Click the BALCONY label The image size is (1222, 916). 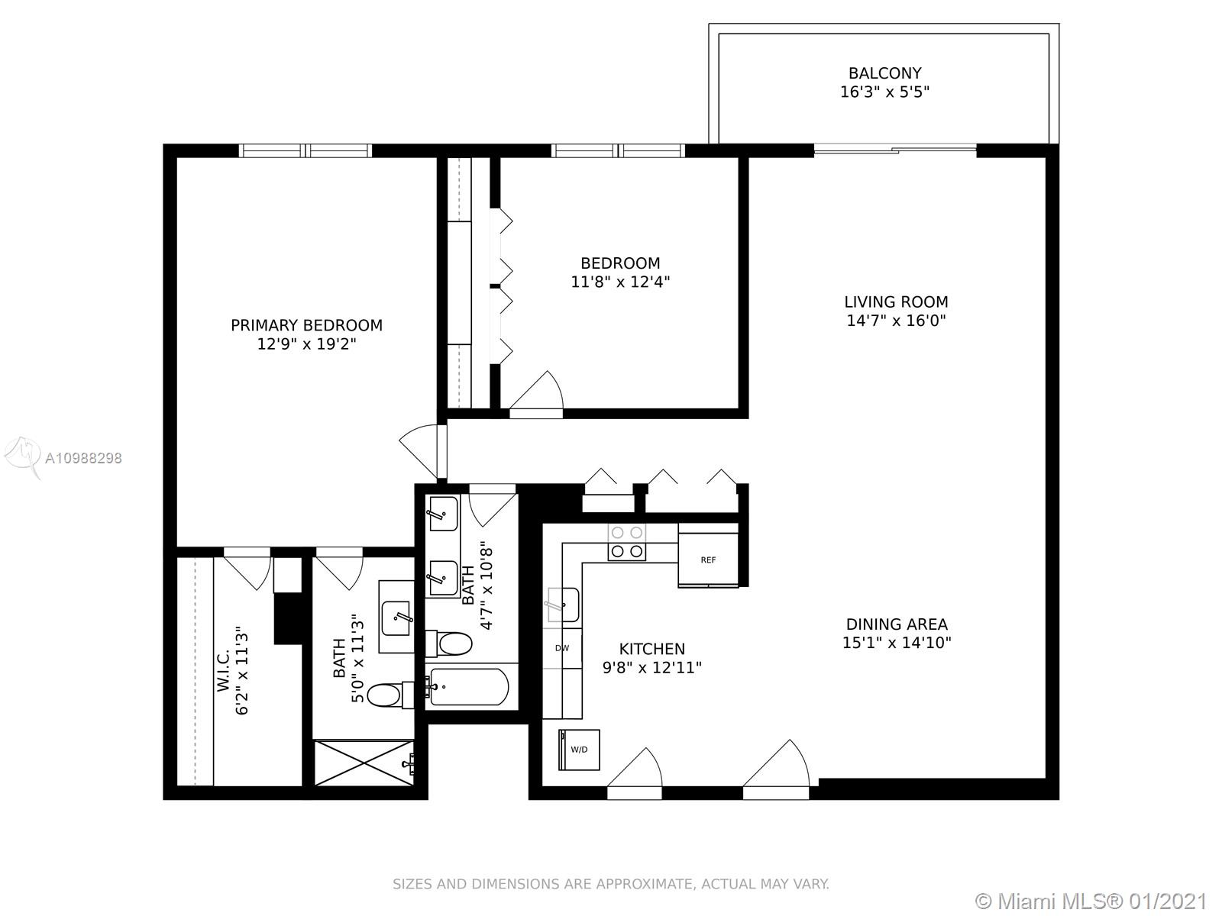click(x=884, y=73)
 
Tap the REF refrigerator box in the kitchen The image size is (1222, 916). click(x=708, y=559)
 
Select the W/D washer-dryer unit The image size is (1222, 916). click(x=579, y=750)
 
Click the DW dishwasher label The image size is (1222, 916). click(x=562, y=648)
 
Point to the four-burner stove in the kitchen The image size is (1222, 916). click(x=627, y=542)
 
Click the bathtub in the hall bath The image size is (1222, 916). click(x=469, y=687)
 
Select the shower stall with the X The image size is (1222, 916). click(x=364, y=763)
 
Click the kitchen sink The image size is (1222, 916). click(x=563, y=605)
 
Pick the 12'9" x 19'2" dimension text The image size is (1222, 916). click(x=307, y=344)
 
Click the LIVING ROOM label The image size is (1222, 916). click(x=896, y=302)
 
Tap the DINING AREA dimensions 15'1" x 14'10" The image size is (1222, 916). click(x=897, y=643)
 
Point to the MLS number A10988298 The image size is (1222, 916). click(x=83, y=458)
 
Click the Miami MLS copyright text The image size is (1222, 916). click(x=1091, y=901)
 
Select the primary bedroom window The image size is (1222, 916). click(x=305, y=150)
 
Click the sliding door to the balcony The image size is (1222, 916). click(x=895, y=149)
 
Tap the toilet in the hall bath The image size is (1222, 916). click(x=449, y=644)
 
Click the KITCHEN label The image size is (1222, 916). click(x=652, y=649)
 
